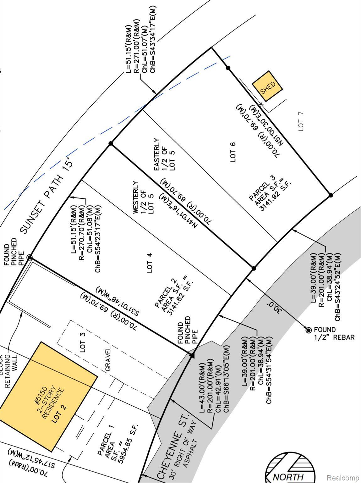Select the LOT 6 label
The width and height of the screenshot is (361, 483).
(x=233, y=152)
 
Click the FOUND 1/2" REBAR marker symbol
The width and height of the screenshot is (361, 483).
(x=309, y=330)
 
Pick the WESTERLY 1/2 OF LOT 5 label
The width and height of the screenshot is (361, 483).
(x=143, y=197)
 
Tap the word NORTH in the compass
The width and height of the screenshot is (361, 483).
(x=288, y=477)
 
